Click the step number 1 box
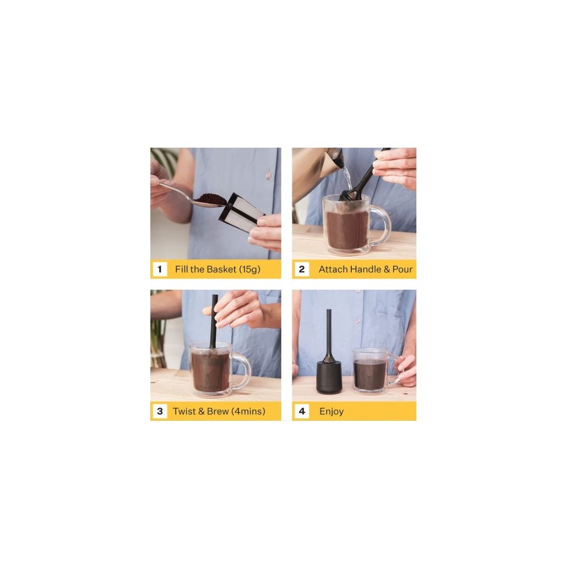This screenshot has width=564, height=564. point(160,269)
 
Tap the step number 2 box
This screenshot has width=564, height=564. point(301,269)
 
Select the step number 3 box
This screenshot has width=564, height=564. point(160,411)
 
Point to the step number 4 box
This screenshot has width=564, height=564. point(301,411)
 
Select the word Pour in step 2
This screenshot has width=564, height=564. point(403,269)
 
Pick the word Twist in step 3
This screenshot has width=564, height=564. point(184,411)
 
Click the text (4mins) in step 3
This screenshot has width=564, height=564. point(248,411)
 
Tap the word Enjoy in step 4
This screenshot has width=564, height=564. point(331,411)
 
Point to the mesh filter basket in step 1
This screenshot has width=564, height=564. point(241,213)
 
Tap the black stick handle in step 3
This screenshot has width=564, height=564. point(214,321)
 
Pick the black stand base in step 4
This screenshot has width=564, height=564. point(329,377)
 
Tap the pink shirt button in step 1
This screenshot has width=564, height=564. point(268,175)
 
